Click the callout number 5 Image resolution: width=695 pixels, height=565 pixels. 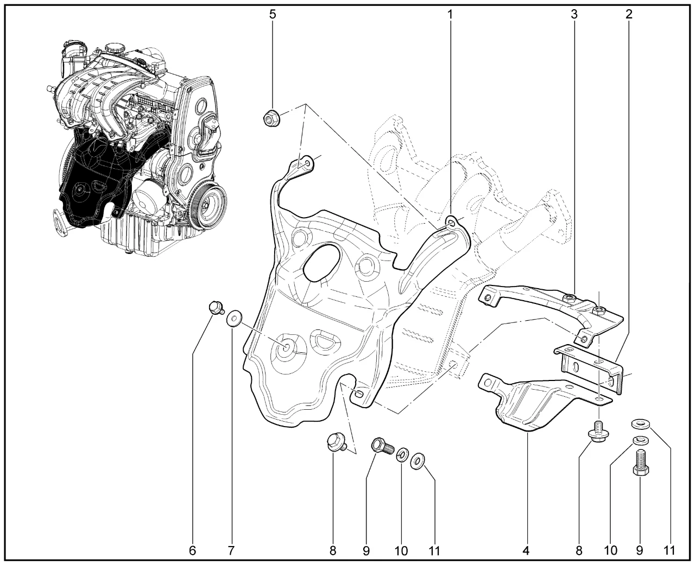pos(273,14)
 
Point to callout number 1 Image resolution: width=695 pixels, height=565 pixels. pos(450,14)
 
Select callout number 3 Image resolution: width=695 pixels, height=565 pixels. pos(574,14)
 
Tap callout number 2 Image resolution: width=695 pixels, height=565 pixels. pos(629,14)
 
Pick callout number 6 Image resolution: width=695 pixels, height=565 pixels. pos(193,551)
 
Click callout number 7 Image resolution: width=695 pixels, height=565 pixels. pos(231,551)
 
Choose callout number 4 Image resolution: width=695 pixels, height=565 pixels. pos(526,551)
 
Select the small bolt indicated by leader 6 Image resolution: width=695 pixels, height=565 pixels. pos(216,308)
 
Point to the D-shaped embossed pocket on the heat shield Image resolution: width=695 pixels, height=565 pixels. pos(325,341)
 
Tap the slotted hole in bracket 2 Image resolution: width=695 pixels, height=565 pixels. pos(576,367)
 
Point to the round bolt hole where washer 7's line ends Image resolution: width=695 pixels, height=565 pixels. pos(286,348)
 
